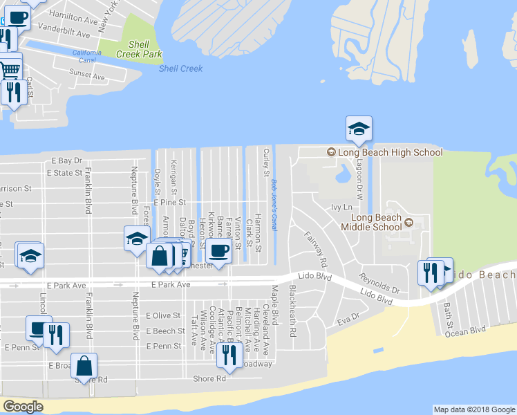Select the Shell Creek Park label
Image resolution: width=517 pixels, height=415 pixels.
(x=139, y=49)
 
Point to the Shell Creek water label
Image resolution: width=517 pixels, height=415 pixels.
(x=180, y=68)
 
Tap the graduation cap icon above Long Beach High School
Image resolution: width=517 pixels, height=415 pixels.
(x=359, y=129)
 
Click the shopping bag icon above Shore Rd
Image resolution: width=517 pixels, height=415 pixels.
(x=84, y=367)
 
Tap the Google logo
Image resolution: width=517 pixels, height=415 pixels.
(x=23, y=407)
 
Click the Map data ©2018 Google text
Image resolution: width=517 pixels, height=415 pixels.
(x=473, y=409)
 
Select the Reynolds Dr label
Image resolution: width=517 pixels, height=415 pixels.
(x=379, y=282)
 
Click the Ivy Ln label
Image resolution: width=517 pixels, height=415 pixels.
(x=341, y=207)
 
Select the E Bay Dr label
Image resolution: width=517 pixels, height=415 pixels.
(x=66, y=160)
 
